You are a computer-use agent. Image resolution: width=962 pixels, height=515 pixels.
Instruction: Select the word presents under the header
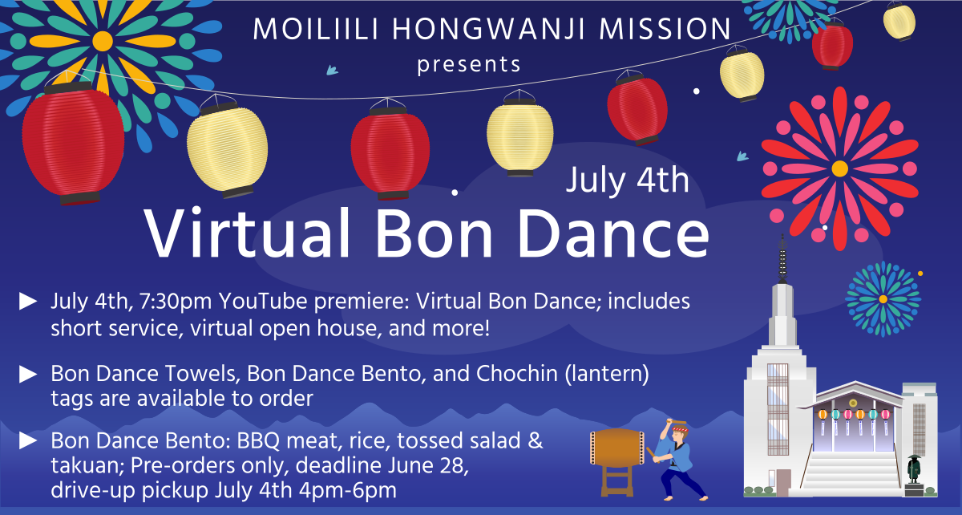tap(469, 63)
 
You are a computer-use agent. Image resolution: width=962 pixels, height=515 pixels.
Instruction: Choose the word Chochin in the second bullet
tap(523, 373)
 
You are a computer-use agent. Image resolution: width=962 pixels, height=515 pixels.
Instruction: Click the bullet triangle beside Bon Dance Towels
tap(29, 373)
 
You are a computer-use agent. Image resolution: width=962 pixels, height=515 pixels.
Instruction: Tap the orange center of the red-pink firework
tap(839, 168)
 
